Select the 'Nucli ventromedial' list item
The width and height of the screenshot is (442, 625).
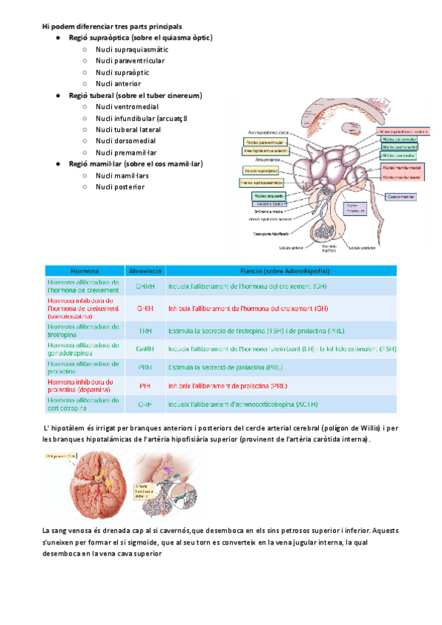tap(127, 107)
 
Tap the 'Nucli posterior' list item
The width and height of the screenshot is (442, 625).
tap(120, 186)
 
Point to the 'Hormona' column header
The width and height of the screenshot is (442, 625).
tap(84, 271)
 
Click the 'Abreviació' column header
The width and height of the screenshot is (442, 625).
tap(145, 271)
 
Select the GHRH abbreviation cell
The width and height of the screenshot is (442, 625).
tap(145, 284)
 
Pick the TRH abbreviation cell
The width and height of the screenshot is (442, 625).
tap(145, 332)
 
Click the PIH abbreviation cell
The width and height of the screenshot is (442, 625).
tap(145, 385)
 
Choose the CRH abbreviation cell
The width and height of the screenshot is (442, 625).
tap(145, 405)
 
